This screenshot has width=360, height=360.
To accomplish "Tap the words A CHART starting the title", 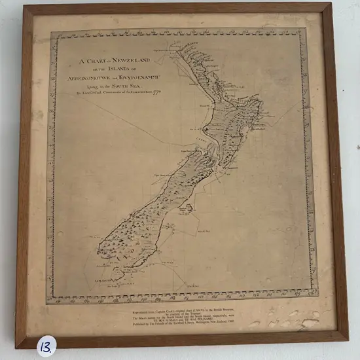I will coord(92,61).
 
